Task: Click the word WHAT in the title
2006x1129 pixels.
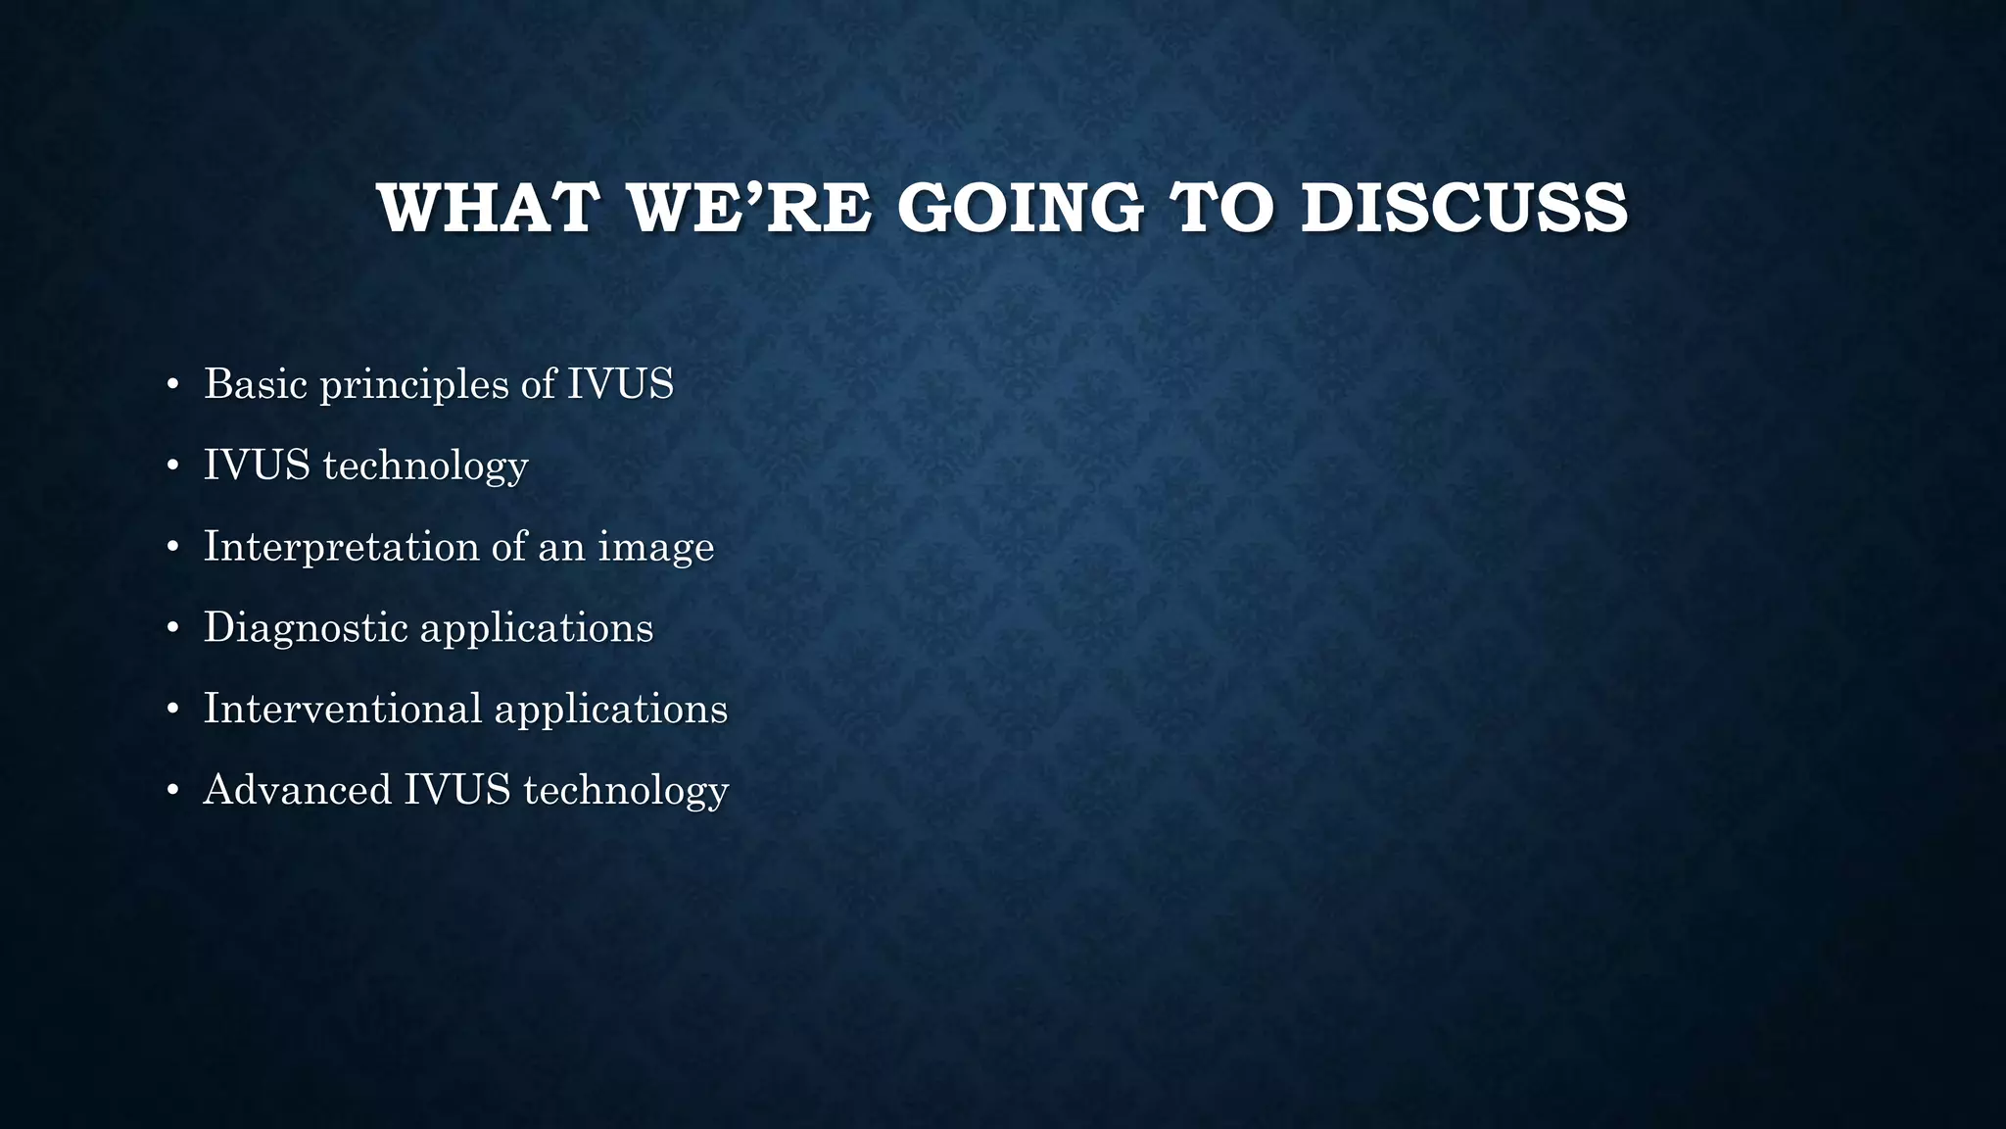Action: (487, 208)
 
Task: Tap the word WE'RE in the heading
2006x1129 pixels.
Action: (750, 208)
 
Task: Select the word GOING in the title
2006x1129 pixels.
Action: (1020, 208)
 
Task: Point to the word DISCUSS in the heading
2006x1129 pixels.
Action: (1464, 208)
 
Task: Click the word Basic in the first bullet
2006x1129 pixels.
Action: (256, 383)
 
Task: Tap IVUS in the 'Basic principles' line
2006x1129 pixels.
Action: (621, 383)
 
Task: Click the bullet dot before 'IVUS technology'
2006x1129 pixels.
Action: (172, 466)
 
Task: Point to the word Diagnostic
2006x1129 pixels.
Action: (306, 628)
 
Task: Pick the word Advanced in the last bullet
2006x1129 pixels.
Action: (297, 790)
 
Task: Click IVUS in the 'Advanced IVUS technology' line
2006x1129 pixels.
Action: (457, 790)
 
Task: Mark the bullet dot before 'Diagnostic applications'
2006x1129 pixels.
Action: (172, 629)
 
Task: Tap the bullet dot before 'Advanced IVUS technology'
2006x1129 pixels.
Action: (172, 792)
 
